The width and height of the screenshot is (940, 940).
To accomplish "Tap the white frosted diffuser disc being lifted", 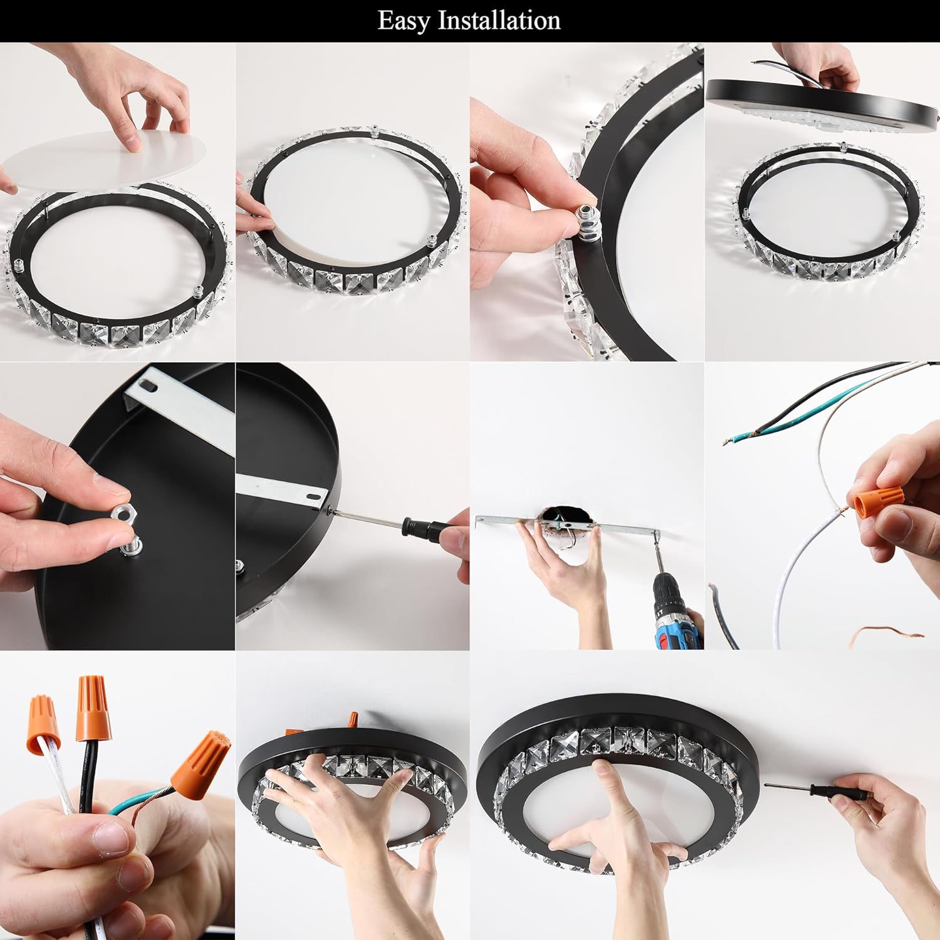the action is tap(103, 159).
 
